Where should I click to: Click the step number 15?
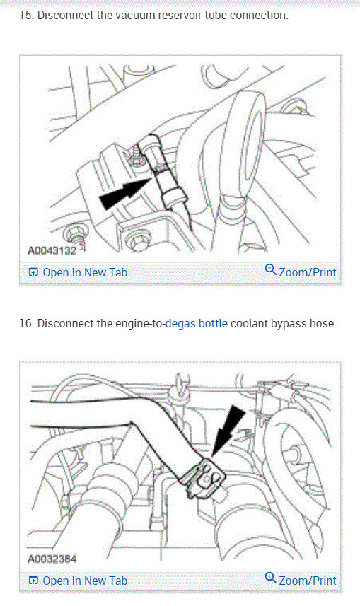[x=25, y=16]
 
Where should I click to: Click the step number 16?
[x=26, y=323]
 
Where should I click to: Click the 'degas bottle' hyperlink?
[x=197, y=323]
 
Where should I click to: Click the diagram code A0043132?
[x=52, y=251]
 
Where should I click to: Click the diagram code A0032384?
[x=52, y=559]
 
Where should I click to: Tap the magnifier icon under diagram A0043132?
[x=271, y=269]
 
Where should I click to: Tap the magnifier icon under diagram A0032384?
[x=271, y=578]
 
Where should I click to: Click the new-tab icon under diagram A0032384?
[x=34, y=581]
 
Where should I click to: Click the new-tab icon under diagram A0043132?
[x=34, y=272]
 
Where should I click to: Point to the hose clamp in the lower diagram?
[x=204, y=478]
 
